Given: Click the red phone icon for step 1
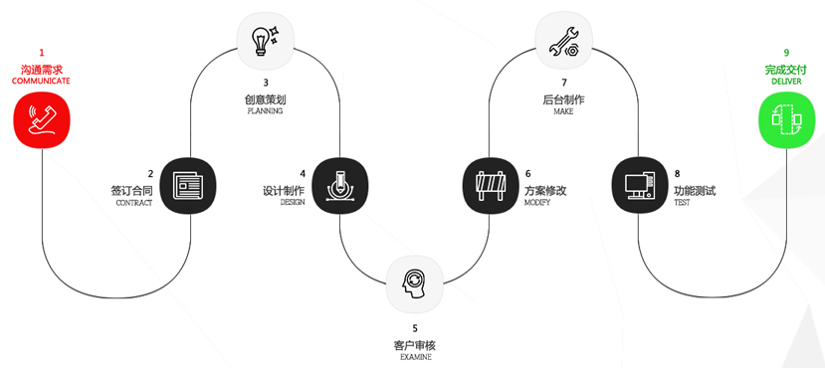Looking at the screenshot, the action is (42, 120).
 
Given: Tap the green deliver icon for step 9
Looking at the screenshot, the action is (787, 120).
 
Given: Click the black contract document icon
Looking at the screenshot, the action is (187, 185).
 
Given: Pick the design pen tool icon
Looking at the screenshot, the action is (340, 185).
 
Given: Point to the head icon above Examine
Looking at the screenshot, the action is (414, 282).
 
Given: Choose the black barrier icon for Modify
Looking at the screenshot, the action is (491, 185).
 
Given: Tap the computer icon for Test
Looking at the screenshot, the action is (639, 185).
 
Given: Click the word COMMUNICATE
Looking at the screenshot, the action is (41, 81).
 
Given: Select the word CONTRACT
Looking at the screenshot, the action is (134, 203).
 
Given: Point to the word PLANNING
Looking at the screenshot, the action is (265, 111).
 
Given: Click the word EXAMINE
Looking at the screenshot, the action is (415, 357).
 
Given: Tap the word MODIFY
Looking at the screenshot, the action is (536, 203).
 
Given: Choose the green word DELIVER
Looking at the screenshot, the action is (786, 82).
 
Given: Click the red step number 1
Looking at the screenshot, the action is (42, 52).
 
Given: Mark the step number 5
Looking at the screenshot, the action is (415, 328).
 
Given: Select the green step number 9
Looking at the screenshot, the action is (786, 52).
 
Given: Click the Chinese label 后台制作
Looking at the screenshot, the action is (563, 98).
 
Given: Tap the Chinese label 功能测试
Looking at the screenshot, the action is (695, 190).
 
